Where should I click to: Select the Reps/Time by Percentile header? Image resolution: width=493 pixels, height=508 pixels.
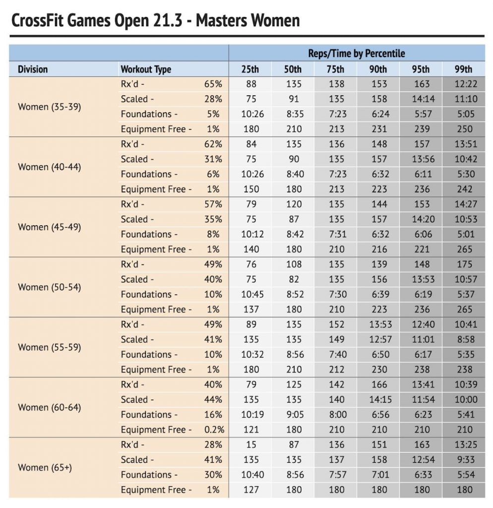tap(356, 54)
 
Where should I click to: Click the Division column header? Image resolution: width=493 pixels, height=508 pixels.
tap(33, 69)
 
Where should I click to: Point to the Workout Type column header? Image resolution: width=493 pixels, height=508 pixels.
tap(146, 69)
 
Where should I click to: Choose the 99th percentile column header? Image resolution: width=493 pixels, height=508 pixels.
tap(464, 69)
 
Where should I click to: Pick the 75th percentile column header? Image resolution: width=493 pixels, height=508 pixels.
tap(335, 69)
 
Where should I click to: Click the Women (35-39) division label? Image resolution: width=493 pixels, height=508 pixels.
tap(49, 107)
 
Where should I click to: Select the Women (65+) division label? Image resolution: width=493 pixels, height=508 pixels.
tap(45, 467)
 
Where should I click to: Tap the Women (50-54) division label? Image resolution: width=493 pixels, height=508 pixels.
tap(49, 287)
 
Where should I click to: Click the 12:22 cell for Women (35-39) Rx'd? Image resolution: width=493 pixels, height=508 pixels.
tap(466, 84)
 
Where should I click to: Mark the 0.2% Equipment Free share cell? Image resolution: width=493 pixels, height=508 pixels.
tap(214, 430)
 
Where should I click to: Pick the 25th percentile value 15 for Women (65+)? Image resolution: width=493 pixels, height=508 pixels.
tap(251, 444)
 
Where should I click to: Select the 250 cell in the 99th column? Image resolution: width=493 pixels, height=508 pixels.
tap(465, 129)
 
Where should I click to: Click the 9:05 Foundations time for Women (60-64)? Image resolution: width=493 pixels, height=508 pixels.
tap(295, 415)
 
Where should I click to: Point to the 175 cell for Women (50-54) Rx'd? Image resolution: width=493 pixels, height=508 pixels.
tap(465, 264)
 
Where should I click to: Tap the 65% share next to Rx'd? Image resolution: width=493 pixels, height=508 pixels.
tap(213, 84)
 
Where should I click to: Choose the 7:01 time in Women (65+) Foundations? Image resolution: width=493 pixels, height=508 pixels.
tap(380, 475)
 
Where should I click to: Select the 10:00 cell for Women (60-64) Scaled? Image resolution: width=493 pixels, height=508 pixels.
tap(466, 399)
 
